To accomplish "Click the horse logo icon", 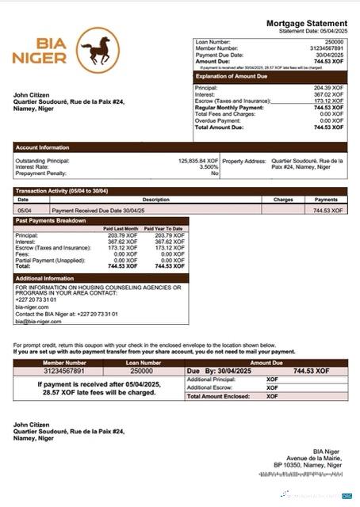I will click(x=95, y=53).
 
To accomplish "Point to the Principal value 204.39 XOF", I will click(x=329, y=88).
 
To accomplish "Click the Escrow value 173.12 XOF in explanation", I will click(x=329, y=101).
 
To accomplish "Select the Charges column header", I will click(x=283, y=200).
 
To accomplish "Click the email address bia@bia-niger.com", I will click(x=38, y=322).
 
